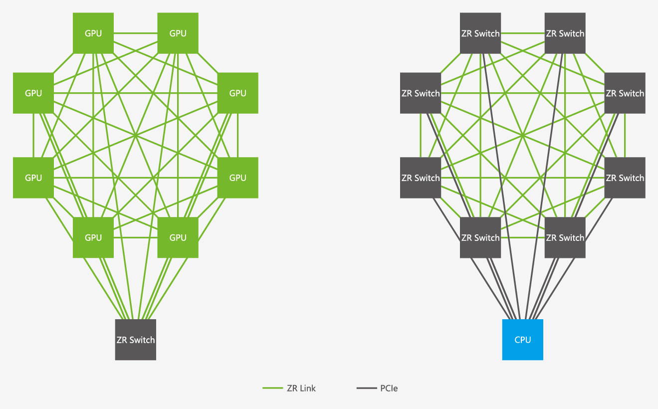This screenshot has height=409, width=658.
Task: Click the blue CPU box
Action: pyautogui.click(x=522, y=340)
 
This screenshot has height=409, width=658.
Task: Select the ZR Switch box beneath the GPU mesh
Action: pyautogui.click(x=136, y=340)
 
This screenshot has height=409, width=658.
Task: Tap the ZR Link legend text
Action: pyautogui.click(x=301, y=388)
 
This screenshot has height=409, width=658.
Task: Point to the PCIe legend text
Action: pyautogui.click(x=389, y=388)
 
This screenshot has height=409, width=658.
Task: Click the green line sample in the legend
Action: pyautogui.click(x=273, y=388)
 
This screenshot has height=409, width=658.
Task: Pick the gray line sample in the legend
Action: pyautogui.click(x=367, y=388)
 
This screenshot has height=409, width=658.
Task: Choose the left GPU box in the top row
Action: pyautogui.click(x=93, y=33)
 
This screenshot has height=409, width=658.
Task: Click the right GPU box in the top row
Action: pyautogui.click(x=178, y=33)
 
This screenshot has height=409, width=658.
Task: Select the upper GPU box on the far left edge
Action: pyautogui.click(x=33, y=93)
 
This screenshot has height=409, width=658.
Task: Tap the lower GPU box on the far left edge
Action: pyautogui.click(x=33, y=178)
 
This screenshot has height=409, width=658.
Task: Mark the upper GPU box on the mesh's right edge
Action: pyautogui.click(x=238, y=93)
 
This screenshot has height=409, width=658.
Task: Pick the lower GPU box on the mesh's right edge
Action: pyautogui.click(x=238, y=178)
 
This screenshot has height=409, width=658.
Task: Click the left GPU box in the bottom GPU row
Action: pyautogui.click(x=93, y=238)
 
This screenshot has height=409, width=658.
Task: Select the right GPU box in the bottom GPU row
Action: pyautogui.click(x=178, y=238)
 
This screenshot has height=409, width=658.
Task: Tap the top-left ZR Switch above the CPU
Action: pyautogui.click(x=480, y=33)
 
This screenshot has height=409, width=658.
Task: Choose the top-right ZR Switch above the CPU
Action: pyautogui.click(x=565, y=33)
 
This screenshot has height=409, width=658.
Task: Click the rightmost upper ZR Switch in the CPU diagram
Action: pyautogui.click(x=625, y=93)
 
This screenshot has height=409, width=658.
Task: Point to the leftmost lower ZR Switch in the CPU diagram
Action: pyautogui.click(x=421, y=178)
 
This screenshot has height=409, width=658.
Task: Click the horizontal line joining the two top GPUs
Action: pyautogui.click(x=136, y=33)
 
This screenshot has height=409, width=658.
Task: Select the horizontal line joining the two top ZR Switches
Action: pyautogui.click(x=523, y=33)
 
